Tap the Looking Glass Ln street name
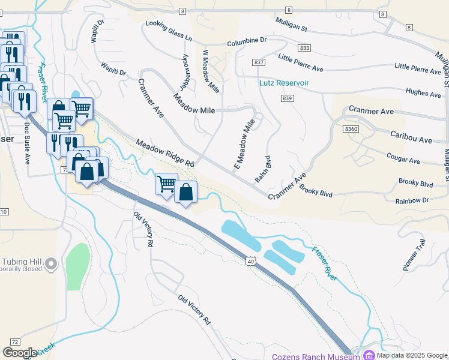(x=169, y=30)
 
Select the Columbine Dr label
(x=246, y=42)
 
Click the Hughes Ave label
(x=423, y=93)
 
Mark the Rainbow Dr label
(x=414, y=200)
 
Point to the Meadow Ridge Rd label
(x=165, y=154)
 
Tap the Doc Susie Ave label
(x=27, y=143)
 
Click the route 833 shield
(x=304, y=47)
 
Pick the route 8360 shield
(x=352, y=129)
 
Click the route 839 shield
(x=286, y=98)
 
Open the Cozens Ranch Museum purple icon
(x=368, y=355)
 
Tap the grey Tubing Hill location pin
(x=51, y=263)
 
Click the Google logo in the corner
(x=20, y=353)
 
